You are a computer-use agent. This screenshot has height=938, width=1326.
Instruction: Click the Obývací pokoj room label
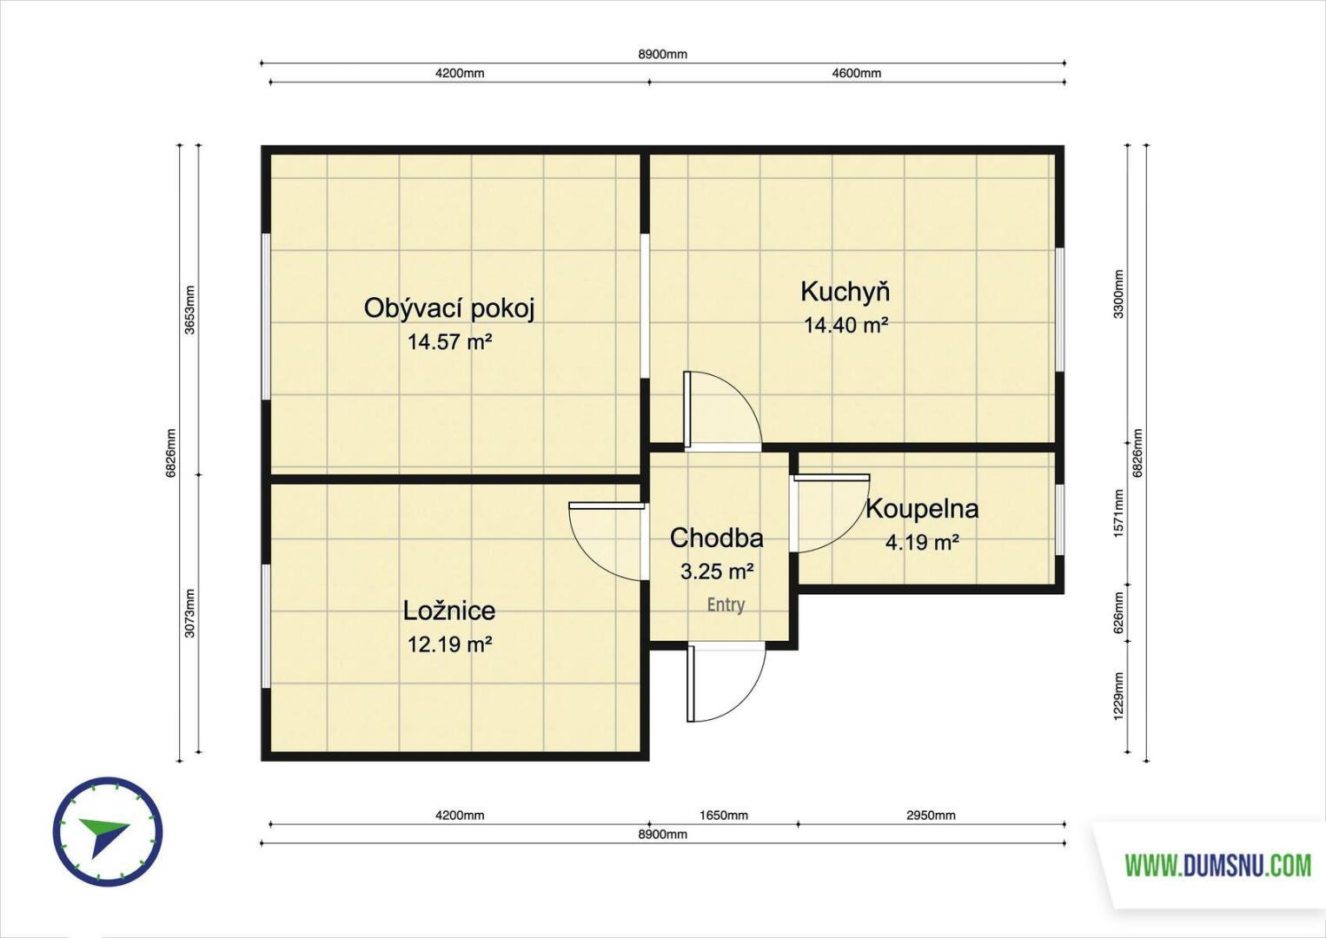448,309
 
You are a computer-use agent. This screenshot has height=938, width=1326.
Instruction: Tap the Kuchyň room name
845,293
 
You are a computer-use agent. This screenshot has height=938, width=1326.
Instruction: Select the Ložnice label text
449,611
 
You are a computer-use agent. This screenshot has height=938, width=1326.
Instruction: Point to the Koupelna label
922,509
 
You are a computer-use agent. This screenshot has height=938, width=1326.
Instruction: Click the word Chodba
716,538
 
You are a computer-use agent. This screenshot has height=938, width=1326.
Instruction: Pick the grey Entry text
726,604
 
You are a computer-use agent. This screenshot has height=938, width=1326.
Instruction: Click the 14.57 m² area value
450,342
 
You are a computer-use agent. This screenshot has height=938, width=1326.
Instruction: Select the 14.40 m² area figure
846,325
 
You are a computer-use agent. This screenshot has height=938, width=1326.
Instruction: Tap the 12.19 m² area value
450,644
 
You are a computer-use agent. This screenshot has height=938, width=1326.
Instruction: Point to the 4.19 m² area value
922,542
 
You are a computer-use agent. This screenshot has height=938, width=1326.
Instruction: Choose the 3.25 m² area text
716,571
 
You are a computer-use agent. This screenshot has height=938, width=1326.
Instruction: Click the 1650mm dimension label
723,816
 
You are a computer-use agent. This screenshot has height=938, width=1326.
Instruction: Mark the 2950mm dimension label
931,816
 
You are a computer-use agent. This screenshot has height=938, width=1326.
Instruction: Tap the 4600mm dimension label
856,73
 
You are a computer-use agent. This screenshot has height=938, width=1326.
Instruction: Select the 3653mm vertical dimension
190,310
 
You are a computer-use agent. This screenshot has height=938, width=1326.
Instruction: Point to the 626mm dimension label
1119,613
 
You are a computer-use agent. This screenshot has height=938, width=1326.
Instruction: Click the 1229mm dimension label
1119,697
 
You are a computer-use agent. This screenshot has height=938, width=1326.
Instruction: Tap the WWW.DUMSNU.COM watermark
1218,866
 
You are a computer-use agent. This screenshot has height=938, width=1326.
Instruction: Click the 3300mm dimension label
1119,294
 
